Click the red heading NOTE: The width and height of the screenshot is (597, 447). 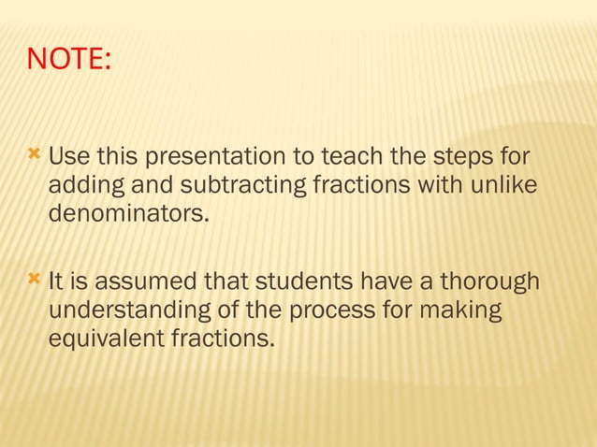click(69, 60)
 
